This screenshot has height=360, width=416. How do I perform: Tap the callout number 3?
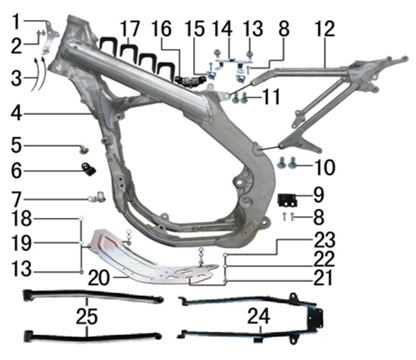pos(16,78)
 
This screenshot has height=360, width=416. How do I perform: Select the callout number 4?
pos(16,112)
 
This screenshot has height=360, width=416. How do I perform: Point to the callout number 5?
pos(16,146)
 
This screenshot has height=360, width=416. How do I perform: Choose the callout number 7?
pos(16,198)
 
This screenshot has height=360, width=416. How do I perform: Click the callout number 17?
pos(130,28)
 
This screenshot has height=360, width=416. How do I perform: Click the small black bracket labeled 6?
pos(90,169)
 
